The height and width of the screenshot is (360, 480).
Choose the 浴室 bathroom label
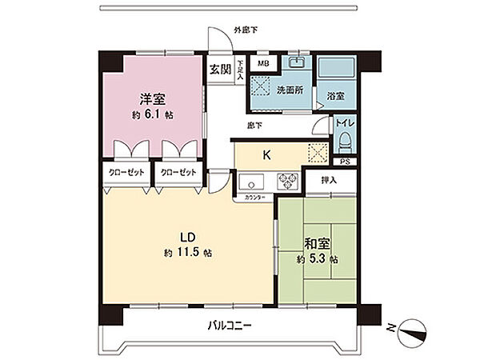pos(335,95)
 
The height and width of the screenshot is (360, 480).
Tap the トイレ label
pos(346,123)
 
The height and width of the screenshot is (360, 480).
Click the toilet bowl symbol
pos(346,142)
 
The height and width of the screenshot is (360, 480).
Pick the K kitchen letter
pos(268,154)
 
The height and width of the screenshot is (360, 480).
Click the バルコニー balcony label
pos(230,326)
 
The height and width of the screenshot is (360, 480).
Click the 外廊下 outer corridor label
pos(246,30)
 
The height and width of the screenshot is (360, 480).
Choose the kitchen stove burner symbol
pos(286,182)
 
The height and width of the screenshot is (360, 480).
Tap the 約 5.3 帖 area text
pos(318,259)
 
